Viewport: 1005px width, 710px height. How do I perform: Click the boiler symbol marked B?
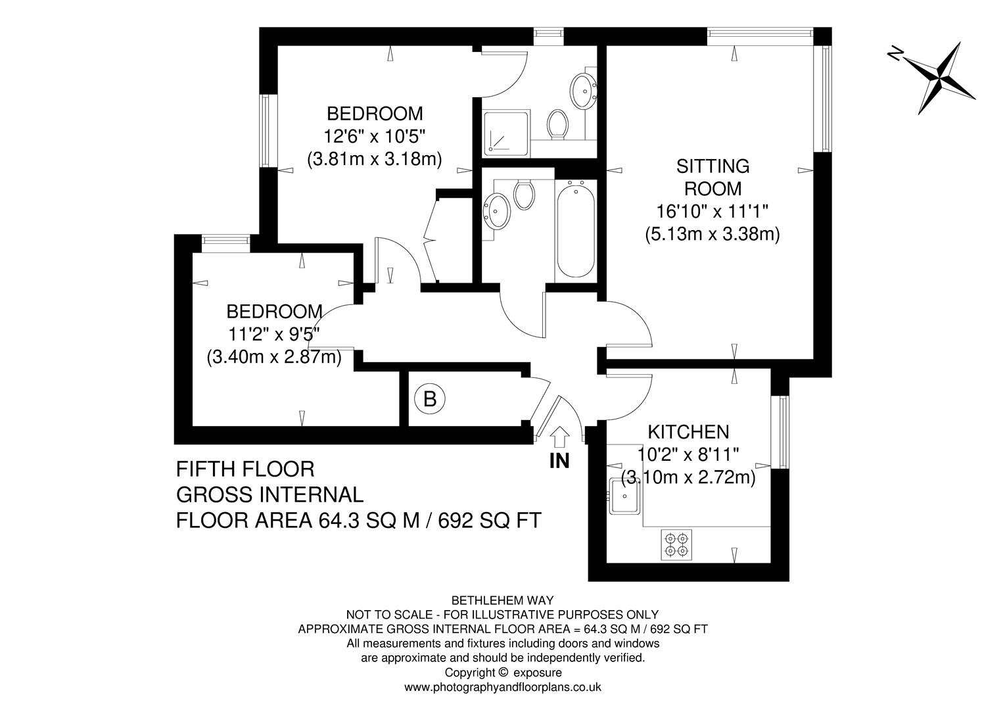(x=430, y=398)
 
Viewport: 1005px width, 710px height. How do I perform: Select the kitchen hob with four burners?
(x=676, y=544)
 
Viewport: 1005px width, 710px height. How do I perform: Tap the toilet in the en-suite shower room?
(x=558, y=123)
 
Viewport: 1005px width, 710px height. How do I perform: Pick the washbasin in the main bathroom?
(x=498, y=210)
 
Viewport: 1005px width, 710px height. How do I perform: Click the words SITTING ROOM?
(x=713, y=177)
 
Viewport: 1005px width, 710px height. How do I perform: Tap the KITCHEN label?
(x=688, y=432)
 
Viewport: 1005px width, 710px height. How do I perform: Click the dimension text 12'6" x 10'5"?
(x=375, y=136)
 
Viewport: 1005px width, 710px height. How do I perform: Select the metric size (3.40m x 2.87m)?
(x=274, y=358)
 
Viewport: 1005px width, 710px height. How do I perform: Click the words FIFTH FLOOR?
(x=245, y=469)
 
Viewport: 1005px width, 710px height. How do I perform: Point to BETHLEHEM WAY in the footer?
(x=502, y=600)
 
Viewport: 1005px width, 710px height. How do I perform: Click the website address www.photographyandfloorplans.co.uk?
(x=502, y=687)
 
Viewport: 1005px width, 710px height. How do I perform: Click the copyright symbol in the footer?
(x=503, y=672)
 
